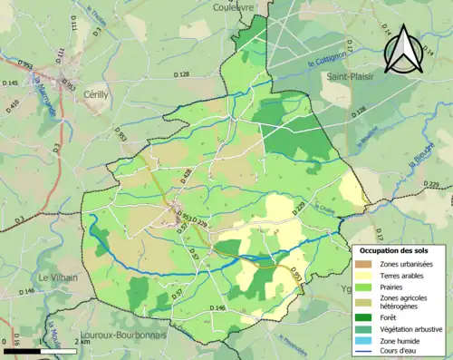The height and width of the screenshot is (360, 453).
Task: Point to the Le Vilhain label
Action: click(x=57, y=277)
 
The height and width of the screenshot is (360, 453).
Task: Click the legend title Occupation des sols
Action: click(x=396, y=249)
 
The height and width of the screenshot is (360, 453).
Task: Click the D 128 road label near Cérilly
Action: click(x=180, y=73)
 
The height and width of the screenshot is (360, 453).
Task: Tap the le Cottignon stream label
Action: click(x=323, y=62)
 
